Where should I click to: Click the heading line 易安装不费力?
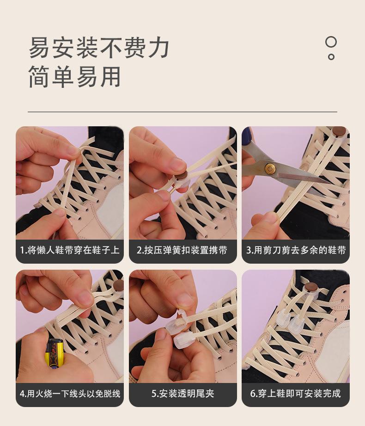click(99, 48)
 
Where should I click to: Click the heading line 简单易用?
click(75, 77)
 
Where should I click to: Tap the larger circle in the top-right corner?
click(331, 42)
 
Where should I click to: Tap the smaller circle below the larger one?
click(331, 57)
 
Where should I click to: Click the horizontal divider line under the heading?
click(182, 111)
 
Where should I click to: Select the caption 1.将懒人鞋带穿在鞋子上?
click(70, 250)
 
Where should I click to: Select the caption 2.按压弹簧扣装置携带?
click(182, 250)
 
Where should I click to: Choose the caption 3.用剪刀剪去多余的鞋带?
click(296, 250)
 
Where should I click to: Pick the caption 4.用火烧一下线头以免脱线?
click(70, 394)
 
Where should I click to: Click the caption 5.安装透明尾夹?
click(183, 394)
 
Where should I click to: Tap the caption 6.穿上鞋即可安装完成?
click(296, 394)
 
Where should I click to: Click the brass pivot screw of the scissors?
click(270, 169)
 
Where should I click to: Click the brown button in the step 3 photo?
click(339, 131)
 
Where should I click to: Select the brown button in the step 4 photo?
click(119, 285)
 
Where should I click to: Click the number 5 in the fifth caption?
click(153, 394)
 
